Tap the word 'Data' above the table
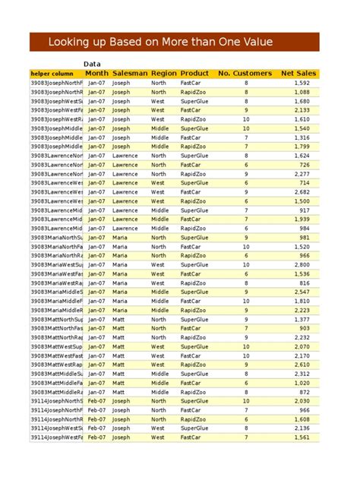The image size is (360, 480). click(x=93, y=64)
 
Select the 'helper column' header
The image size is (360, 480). click(x=52, y=74)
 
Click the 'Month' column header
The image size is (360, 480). click(x=96, y=74)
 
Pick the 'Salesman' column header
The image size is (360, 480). click(x=129, y=74)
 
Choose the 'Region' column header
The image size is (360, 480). click(x=163, y=74)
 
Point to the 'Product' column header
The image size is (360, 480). click(x=195, y=74)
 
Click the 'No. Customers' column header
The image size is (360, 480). click(x=245, y=74)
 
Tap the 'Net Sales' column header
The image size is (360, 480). click(x=298, y=74)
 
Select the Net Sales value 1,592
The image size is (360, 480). click(x=302, y=83)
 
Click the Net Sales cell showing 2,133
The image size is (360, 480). click(x=302, y=110)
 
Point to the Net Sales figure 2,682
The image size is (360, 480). click(x=302, y=192)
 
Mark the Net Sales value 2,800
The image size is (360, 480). click(x=302, y=265)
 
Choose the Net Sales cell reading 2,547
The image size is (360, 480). click(x=302, y=292)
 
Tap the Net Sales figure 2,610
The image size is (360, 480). click(x=302, y=365)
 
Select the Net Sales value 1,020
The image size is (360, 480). click(x=302, y=383)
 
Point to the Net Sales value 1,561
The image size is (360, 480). click(x=302, y=437)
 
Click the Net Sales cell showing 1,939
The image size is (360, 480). click(x=302, y=219)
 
